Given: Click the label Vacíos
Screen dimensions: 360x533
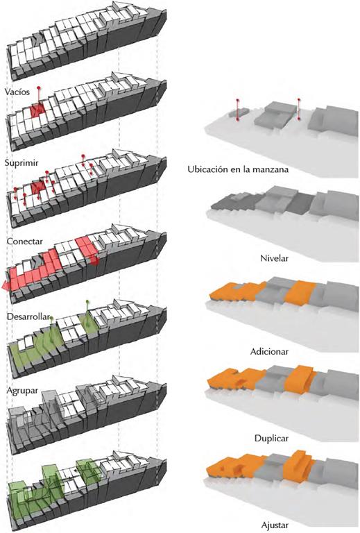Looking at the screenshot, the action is pos(17,92).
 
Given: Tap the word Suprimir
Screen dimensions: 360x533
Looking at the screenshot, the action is pos(21,163).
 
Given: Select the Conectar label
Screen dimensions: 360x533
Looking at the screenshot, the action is pos(24,241).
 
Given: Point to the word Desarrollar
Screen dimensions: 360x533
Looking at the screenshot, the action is pos(28,316).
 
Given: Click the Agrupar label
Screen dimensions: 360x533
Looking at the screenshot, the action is pos(22,391).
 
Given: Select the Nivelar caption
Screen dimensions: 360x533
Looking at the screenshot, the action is pos(274,258).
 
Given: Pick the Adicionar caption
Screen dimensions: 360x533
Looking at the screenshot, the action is pos(269,351).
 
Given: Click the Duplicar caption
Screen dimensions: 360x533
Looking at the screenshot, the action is pos(271,438).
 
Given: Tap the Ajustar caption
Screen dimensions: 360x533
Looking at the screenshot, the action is pos(275,525).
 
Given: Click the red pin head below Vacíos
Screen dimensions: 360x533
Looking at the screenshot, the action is pos(39,88).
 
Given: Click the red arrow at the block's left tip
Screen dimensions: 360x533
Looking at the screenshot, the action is pos(6,286).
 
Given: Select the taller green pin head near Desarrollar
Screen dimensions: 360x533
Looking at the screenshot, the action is pos(87,301).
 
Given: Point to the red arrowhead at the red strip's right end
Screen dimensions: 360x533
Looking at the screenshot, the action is pos(96,261).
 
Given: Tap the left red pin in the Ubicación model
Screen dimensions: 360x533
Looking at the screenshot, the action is pos(238,110).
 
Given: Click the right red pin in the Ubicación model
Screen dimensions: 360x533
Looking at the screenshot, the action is pos(299,109).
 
